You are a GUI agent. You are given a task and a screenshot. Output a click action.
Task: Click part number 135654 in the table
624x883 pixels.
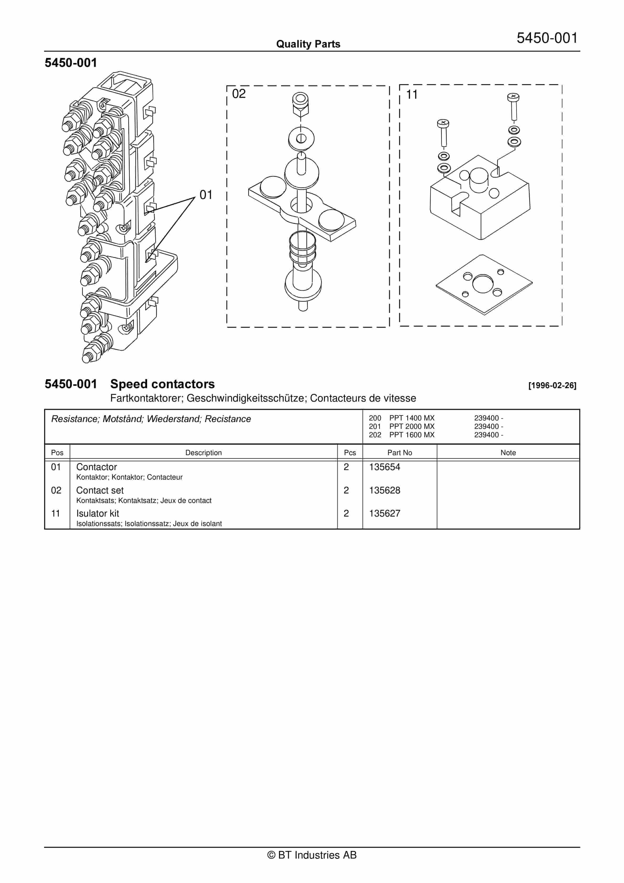pyautogui.click(x=384, y=467)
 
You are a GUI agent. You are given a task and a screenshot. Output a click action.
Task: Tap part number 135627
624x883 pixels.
pyautogui.click(x=384, y=513)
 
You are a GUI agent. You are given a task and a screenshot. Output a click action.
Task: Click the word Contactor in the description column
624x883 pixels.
pyautogui.click(x=96, y=467)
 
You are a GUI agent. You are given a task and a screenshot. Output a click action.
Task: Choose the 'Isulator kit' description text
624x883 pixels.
pyautogui.click(x=98, y=513)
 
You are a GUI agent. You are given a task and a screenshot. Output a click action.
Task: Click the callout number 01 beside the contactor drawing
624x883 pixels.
pyautogui.click(x=206, y=195)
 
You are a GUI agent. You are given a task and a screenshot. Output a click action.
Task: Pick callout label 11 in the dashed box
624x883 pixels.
pyautogui.click(x=412, y=94)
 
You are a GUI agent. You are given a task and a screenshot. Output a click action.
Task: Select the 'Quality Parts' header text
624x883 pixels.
pyautogui.click(x=308, y=44)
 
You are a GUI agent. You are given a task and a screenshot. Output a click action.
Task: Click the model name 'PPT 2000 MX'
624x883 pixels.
pyautogui.click(x=412, y=427)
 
